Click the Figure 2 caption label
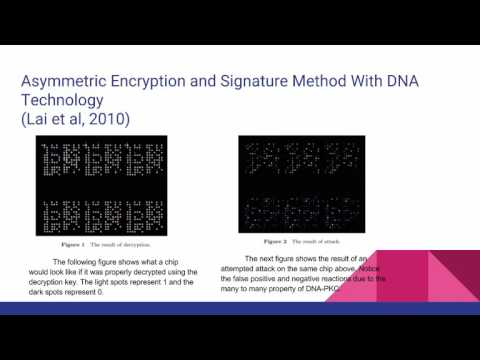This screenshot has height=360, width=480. (278, 241)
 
